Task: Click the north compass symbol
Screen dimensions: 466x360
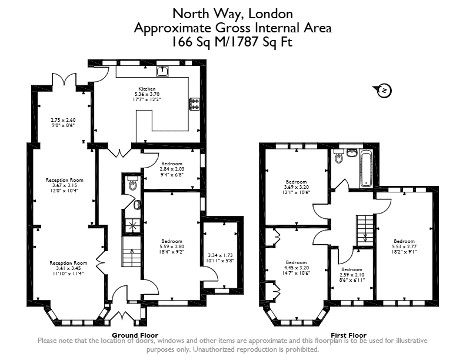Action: click(x=383, y=91)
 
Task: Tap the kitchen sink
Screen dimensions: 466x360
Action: click(x=162, y=71)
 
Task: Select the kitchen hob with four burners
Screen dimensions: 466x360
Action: click(x=194, y=104)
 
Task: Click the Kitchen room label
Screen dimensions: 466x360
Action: click(x=147, y=89)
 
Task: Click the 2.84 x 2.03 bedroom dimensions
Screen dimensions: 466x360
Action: click(x=172, y=169)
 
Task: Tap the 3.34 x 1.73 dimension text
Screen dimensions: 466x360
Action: click(x=220, y=255)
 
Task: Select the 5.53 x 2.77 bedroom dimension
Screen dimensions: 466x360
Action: click(x=404, y=246)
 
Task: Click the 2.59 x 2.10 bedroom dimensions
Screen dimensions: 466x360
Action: click(x=352, y=275)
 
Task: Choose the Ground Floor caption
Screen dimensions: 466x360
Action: click(x=135, y=335)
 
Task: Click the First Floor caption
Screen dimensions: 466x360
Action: click(x=348, y=335)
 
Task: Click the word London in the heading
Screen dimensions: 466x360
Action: click(x=271, y=14)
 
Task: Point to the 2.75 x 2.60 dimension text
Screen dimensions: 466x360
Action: click(x=63, y=121)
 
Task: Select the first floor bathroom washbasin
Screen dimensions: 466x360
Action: click(x=352, y=153)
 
